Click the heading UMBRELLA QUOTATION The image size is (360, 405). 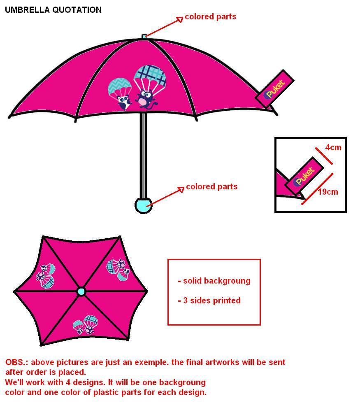coord(53,10)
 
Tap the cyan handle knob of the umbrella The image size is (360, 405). coord(144,205)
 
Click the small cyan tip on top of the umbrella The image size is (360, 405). coord(144,37)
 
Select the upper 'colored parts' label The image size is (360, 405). coord(210,17)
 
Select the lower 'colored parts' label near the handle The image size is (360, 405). coord(211,187)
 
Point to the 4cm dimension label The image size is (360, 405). coord(333,147)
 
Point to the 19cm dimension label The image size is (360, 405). coord(328,192)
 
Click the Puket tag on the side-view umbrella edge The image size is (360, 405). coord(274,89)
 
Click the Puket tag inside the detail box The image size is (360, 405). coord(305,176)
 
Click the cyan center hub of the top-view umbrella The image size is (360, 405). coord(81,292)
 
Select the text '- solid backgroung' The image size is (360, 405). coord(214,281)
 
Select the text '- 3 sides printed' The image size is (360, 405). coord(209,300)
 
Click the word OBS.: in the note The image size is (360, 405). coord(17,363)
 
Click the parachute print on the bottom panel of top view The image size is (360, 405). coord(85,324)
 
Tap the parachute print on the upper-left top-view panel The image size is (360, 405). coord(46,276)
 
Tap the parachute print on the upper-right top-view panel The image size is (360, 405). coord(118,269)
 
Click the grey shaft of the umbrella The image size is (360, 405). coord(143,156)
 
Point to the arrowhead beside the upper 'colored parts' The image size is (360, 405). coord(180,19)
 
